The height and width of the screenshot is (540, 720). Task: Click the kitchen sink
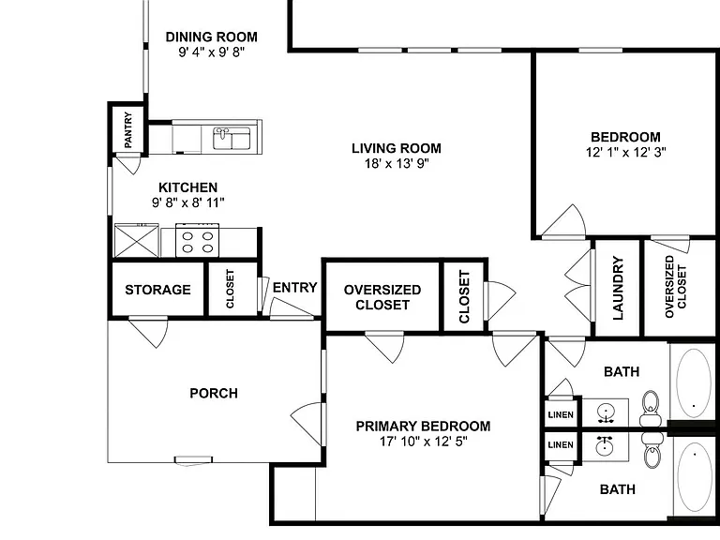[232, 138]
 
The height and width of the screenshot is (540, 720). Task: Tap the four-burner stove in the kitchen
[198, 241]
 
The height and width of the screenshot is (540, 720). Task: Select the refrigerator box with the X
[136, 241]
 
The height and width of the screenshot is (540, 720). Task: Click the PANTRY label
[128, 130]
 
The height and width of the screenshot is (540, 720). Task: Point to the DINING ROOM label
[212, 37]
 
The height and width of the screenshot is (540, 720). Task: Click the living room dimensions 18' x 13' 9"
[397, 163]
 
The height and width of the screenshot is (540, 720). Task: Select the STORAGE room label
[157, 290]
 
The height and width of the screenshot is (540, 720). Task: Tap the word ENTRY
[294, 288]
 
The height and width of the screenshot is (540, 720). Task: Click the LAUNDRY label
[618, 288]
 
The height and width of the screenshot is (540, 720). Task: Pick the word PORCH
[214, 393]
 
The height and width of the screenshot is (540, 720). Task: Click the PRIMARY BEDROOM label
[424, 427]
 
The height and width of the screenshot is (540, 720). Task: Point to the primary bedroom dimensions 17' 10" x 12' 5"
[424, 442]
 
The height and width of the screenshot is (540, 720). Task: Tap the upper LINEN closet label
[561, 414]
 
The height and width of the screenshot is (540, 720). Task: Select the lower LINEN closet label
[561, 444]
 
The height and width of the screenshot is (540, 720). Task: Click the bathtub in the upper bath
[694, 383]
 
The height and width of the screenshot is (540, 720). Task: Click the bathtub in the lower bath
[695, 477]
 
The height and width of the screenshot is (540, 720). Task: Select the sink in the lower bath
[606, 445]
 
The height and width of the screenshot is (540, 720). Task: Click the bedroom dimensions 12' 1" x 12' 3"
[626, 152]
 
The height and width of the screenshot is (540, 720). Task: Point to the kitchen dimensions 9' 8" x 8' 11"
[188, 202]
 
